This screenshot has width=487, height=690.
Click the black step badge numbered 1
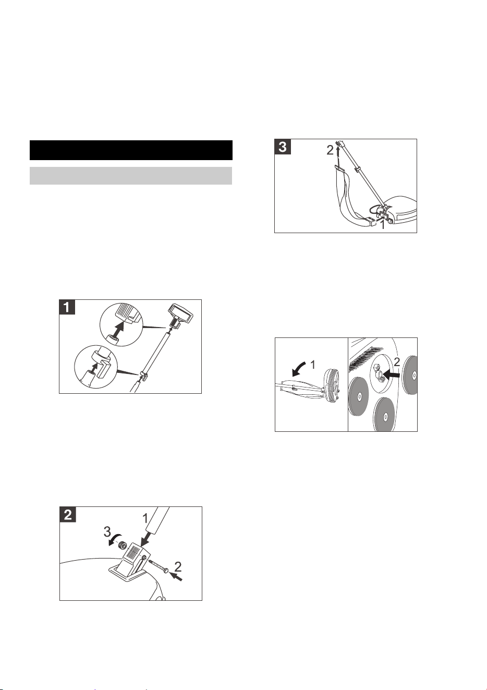tap(67, 307)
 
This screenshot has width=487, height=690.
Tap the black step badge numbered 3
tap(282, 147)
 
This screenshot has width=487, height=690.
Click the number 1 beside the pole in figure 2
tap(145, 519)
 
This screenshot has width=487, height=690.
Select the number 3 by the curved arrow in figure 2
tap(107, 531)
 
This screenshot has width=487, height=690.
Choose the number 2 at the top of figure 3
tap(330, 150)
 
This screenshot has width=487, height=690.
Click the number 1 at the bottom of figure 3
tap(382, 225)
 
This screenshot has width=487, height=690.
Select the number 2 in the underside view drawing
tap(397, 361)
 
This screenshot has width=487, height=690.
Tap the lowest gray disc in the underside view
tap(385, 415)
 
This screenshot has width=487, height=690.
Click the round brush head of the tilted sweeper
tap(332, 385)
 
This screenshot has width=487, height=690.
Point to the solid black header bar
tap(131, 150)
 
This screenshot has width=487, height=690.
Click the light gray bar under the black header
tap(131, 176)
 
